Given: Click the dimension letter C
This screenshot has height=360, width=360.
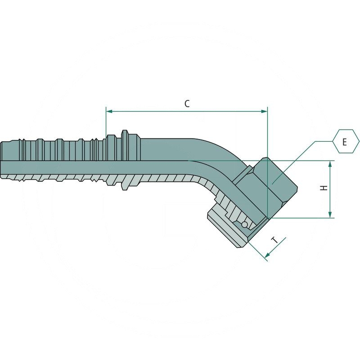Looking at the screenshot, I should [x=187, y=103].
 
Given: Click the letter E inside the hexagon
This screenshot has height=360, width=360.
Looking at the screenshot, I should [x=344, y=142].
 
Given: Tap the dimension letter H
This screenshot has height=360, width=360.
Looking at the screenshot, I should [x=323, y=189].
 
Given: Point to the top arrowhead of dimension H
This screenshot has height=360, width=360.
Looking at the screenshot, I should [x=331, y=164].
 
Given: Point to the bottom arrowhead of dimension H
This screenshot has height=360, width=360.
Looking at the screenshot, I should [x=331, y=215].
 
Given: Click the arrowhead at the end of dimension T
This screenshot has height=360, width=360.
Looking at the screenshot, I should [x=267, y=256].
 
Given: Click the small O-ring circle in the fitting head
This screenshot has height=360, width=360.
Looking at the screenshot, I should [x=244, y=224].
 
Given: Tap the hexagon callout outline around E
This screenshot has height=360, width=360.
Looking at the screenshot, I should [x=335, y=133].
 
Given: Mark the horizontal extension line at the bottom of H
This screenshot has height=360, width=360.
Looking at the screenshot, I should [x=306, y=218].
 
